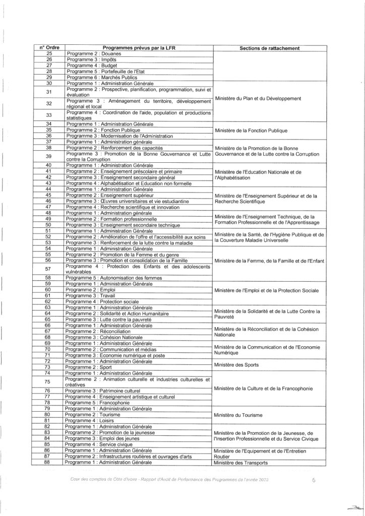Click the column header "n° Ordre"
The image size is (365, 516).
49,48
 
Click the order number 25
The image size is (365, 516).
49,53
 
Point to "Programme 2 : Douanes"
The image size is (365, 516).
89,53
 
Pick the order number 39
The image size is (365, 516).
49,157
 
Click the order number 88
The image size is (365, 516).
49,462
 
